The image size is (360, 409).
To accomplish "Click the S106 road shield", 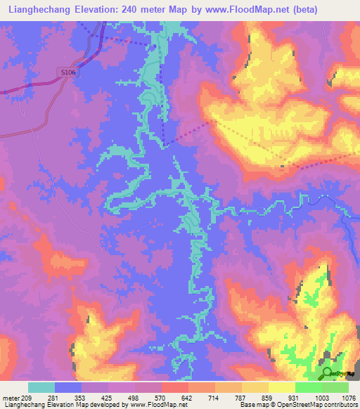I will click(x=67, y=72).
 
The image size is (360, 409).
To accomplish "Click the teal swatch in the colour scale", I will click(x=41, y=387).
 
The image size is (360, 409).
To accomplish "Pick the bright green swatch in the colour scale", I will click(x=308, y=387).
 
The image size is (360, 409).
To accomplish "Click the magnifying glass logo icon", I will click(x=328, y=373).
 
